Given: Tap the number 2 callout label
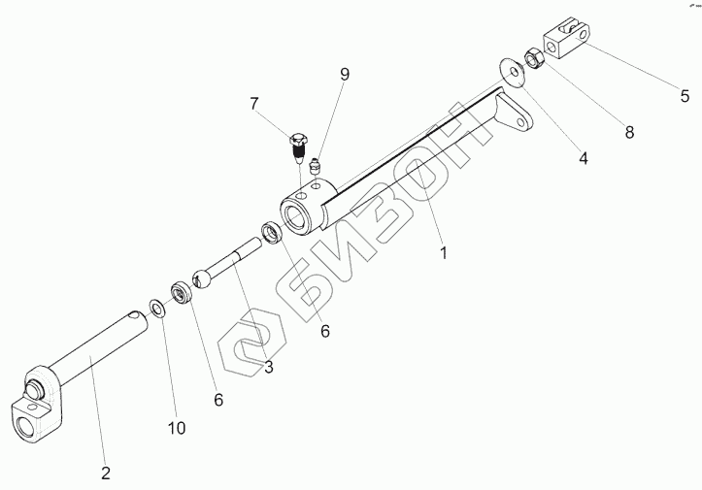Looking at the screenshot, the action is pos(106,473).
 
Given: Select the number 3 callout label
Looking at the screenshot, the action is pos(269,367).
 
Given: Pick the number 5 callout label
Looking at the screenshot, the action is pos(685,95).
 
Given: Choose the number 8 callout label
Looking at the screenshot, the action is pos(629,132).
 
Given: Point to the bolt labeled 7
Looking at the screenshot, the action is pos(299,148).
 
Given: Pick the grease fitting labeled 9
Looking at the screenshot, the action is pos(316,169).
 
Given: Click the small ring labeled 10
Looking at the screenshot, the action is pos(155,310).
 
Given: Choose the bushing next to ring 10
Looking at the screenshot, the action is pos(179,292).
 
